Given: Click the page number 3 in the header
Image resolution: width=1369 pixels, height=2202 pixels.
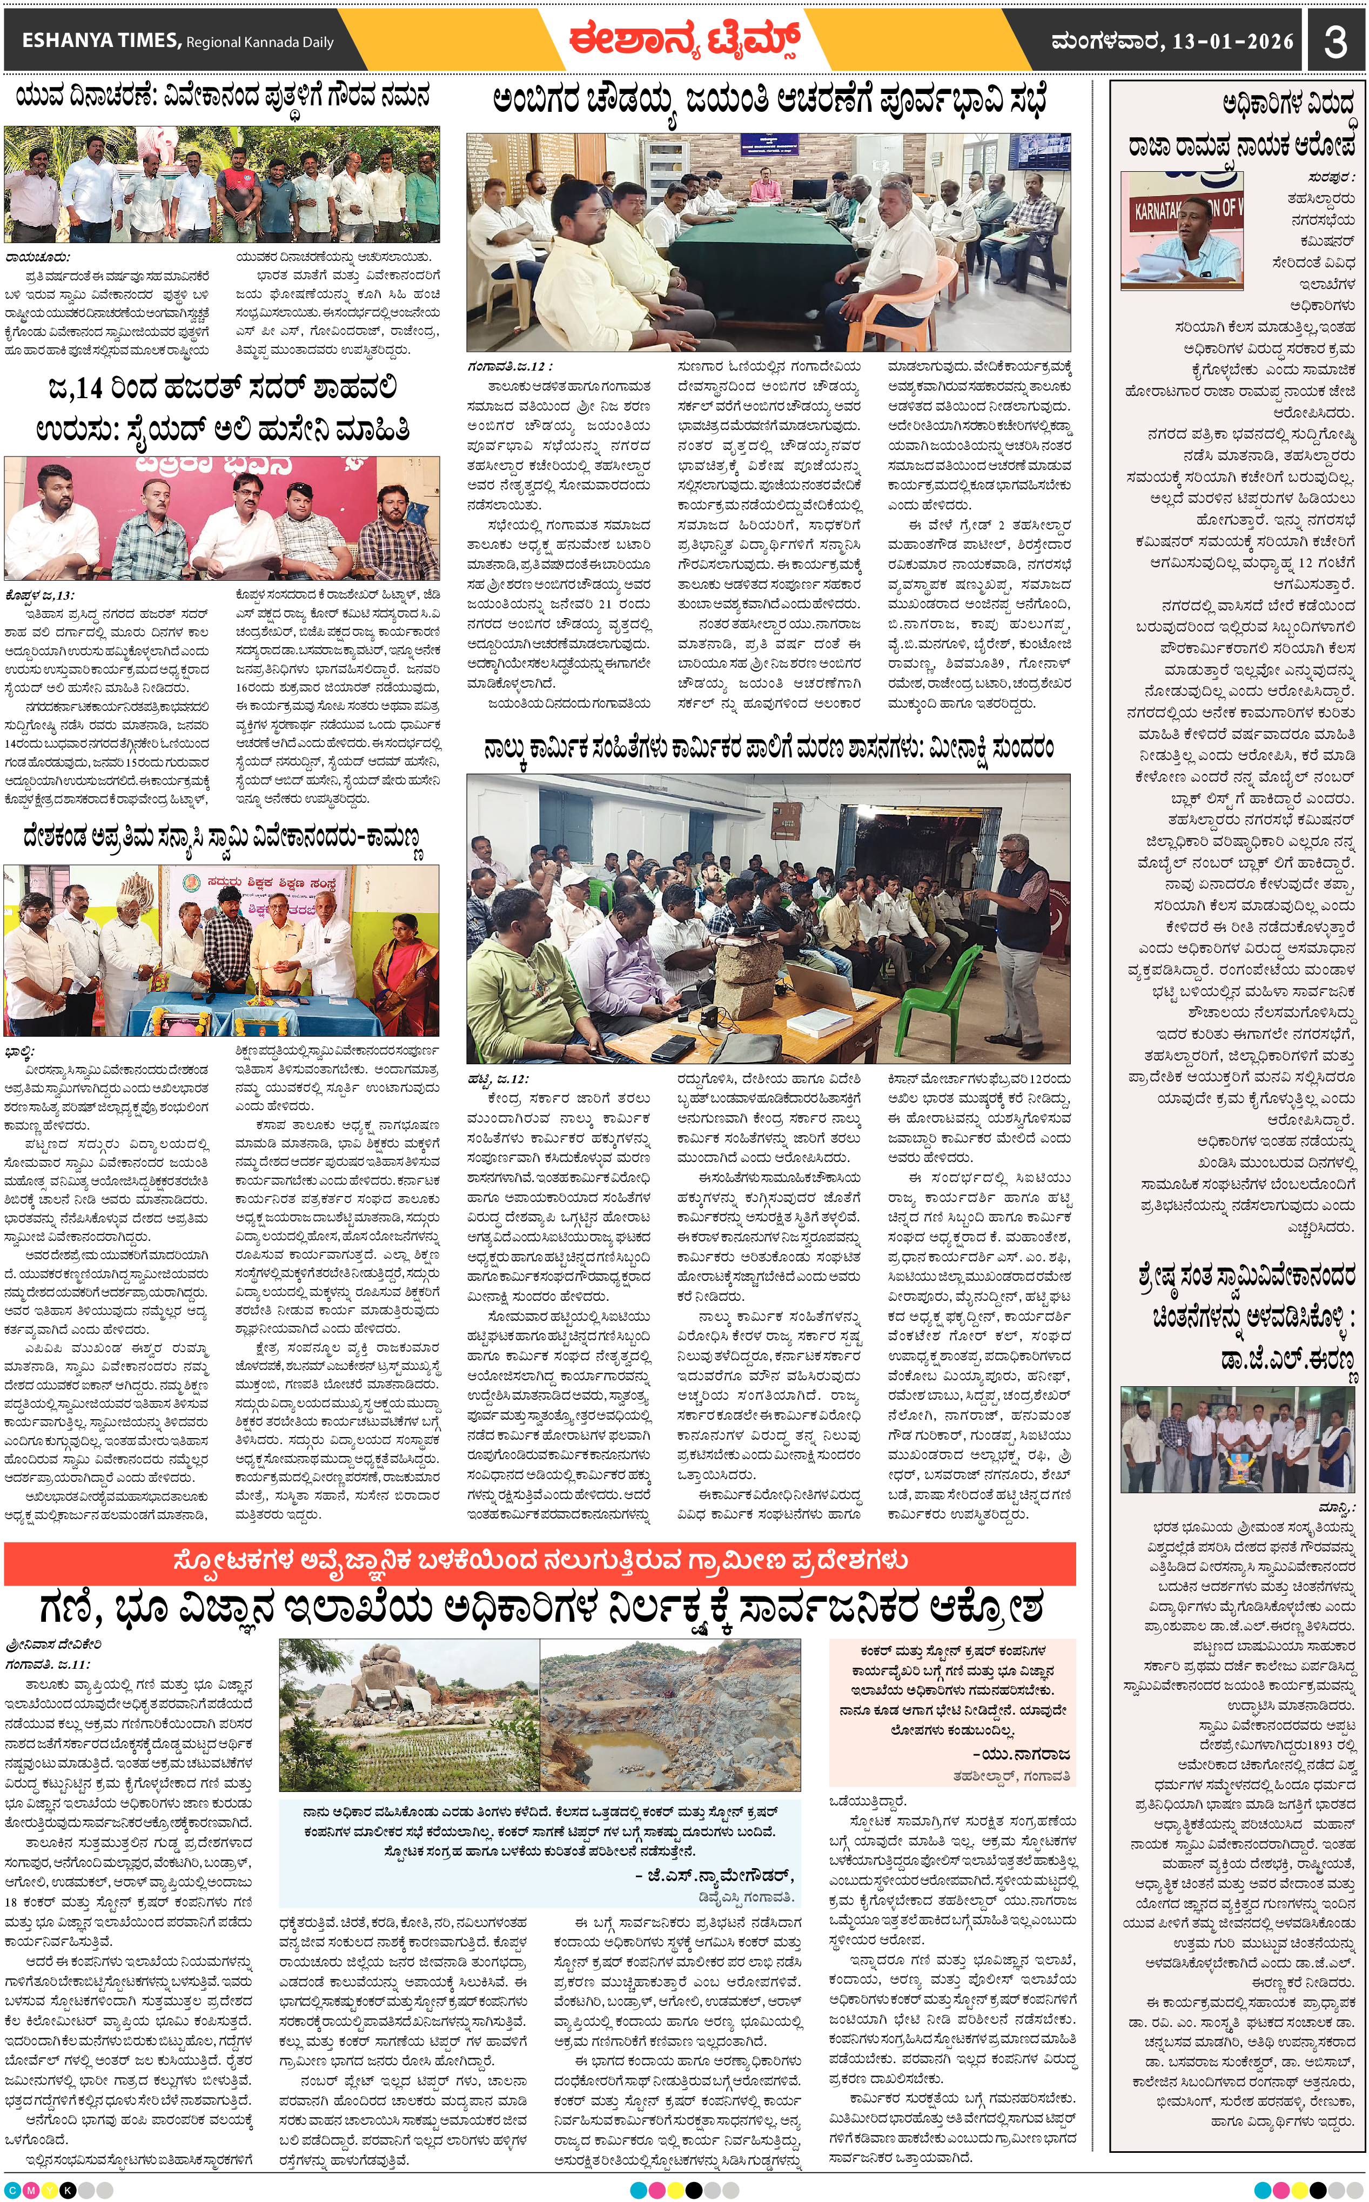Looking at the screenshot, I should click(x=1336, y=41).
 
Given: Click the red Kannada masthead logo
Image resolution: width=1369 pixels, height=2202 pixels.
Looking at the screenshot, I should click(x=683, y=40).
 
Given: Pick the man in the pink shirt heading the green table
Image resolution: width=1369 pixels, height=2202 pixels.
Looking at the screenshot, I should click(x=763, y=190).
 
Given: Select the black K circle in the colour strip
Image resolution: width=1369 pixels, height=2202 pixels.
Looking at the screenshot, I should click(x=68, y=2190).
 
